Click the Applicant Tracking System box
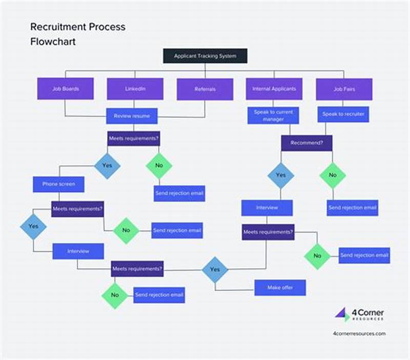pos(205,56)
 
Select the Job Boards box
pos(65,89)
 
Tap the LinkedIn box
pos(135,89)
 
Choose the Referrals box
pos(205,89)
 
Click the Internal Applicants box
pos(274,89)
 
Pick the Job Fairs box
pos(343,89)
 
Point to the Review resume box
pos(132,116)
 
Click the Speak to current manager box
pos(273,116)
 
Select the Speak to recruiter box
pos(343,114)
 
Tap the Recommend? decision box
pos(306,143)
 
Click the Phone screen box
pos(58,184)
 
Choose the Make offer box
pos(280,288)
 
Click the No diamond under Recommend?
pos(333,175)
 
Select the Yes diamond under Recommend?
pos(281,175)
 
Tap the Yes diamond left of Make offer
pos(215,270)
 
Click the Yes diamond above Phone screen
pos(107,166)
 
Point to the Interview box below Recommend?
pos(267,208)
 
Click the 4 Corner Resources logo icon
pos(342,314)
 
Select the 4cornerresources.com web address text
pos(359,333)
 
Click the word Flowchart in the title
pos(53,42)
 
